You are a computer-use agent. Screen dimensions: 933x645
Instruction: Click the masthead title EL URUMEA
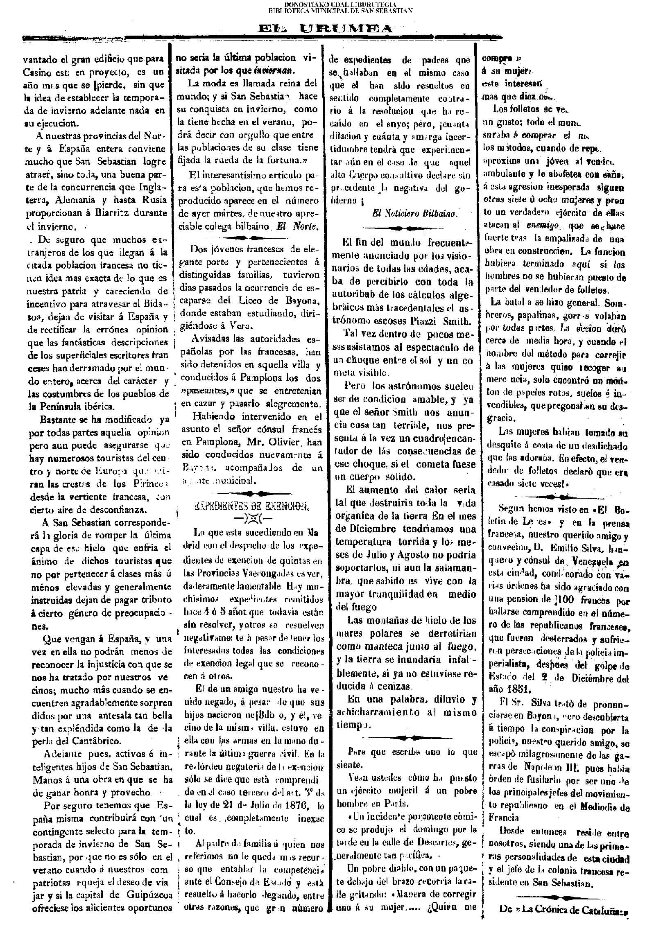tap(325, 29)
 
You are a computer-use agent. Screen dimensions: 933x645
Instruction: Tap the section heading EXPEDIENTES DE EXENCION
tap(251, 508)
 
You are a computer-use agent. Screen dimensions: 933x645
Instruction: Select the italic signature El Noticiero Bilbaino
tap(415, 213)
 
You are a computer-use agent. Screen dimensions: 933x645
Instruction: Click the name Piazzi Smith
tap(442, 321)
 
